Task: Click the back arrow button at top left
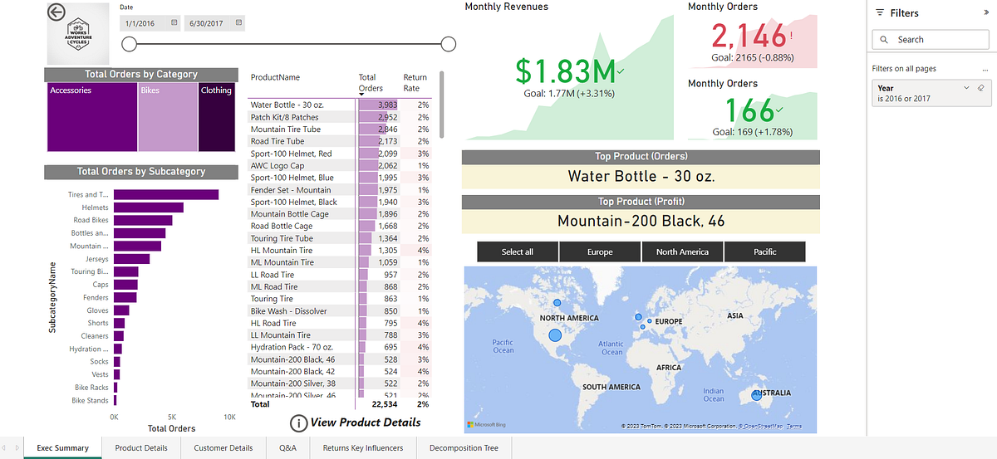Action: (x=56, y=12)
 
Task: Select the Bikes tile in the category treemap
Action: (x=168, y=116)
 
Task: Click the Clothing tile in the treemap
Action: (x=216, y=116)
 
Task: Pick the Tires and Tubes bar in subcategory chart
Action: (x=166, y=195)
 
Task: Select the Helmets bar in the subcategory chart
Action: (x=148, y=208)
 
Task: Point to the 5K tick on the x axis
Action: (x=171, y=417)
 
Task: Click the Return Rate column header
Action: (x=415, y=82)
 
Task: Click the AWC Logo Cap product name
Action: (x=277, y=166)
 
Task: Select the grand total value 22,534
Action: (x=383, y=405)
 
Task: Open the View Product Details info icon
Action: (x=298, y=423)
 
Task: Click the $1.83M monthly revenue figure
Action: (x=564, y=71)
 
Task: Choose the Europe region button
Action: (x=600, y=251)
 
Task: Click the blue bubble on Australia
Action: (x=756, y=396)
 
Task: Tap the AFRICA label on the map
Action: (x=668, y=367)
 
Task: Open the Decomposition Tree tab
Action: (x=463, y=448)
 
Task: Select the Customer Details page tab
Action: (x=223, y=448)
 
